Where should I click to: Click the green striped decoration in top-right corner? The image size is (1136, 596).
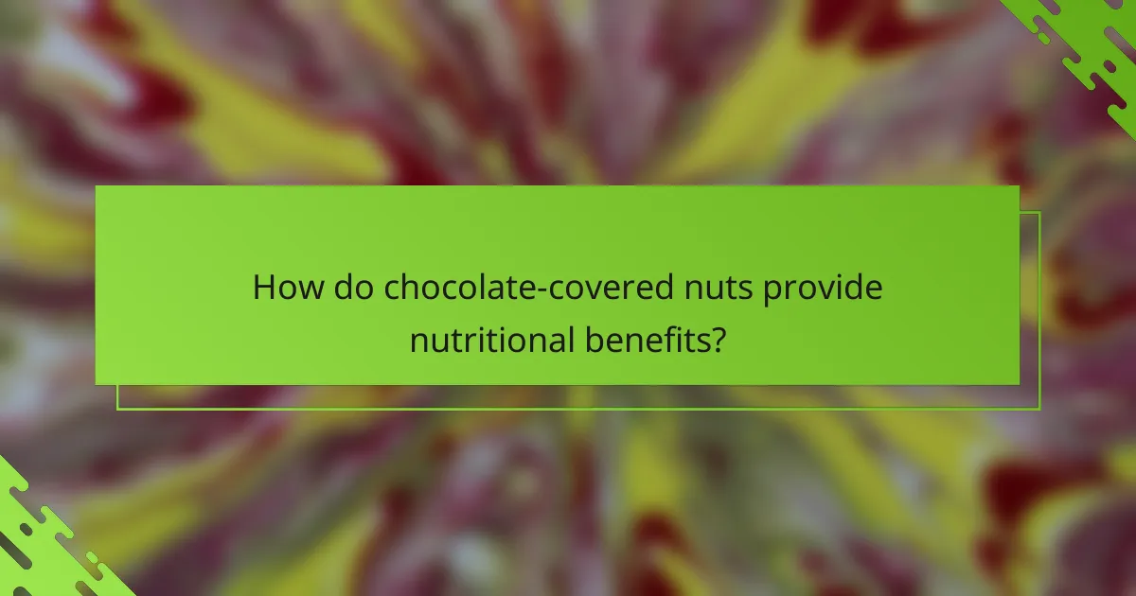click(1089, 43)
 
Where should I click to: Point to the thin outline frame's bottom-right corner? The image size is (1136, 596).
click(1039, 409)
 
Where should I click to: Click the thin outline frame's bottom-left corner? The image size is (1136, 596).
click(117, 409)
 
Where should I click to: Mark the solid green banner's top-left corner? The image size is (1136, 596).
click(96, 186)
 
